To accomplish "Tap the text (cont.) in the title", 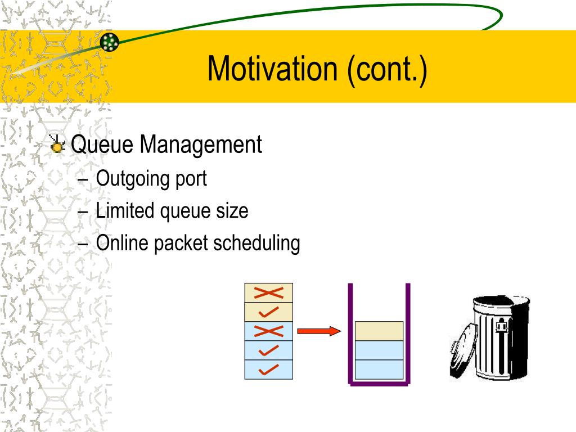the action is tap(387, 70).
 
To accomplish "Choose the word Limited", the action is tap(125, 210).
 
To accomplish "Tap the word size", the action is tap(232, 211).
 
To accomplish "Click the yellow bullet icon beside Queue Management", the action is tap(57, 145).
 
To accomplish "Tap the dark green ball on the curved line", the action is tap(110, 42).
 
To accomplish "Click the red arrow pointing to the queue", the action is tap(319, 331).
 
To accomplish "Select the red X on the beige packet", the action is tap(268, 292).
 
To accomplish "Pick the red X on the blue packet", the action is tap(268, 331).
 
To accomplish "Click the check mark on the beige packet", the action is tap(268, 312).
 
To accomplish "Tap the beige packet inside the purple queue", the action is tap(379, 331).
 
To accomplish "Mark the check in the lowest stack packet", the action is tap(268, 370).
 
